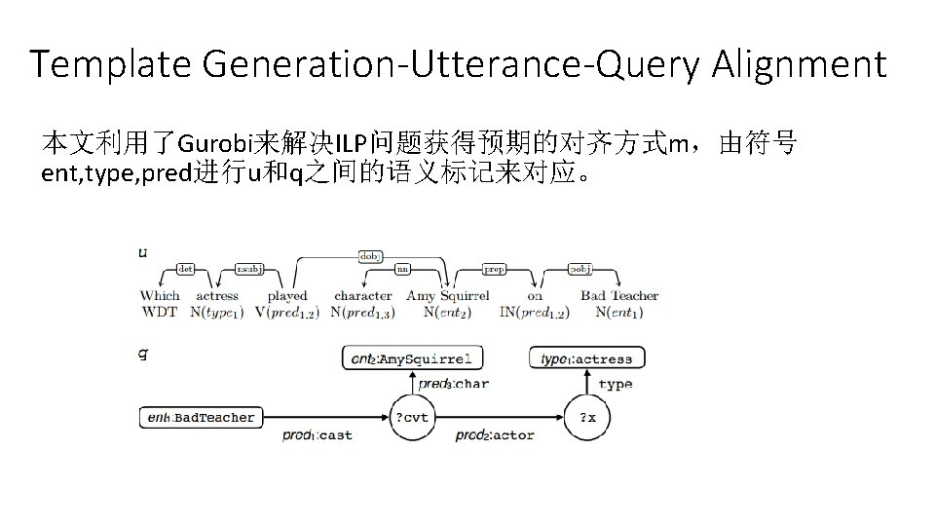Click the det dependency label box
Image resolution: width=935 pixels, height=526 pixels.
186,268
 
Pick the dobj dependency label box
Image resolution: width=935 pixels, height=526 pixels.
371,256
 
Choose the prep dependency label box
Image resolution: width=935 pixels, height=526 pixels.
494,269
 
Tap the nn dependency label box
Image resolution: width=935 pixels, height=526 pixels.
401,269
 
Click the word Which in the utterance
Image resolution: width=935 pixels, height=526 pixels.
160,295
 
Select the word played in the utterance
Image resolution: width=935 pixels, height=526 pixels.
287,295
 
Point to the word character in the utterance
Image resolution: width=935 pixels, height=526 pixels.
362,295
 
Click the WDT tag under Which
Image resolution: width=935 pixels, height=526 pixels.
159,312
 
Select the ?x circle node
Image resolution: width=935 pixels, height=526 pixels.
588,418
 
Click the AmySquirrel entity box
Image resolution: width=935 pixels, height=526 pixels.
412,358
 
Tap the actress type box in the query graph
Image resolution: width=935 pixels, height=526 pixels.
586,358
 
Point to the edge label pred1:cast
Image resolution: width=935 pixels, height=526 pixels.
318,435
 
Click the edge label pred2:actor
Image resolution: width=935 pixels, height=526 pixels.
495,435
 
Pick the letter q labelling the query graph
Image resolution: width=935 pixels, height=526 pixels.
143,353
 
